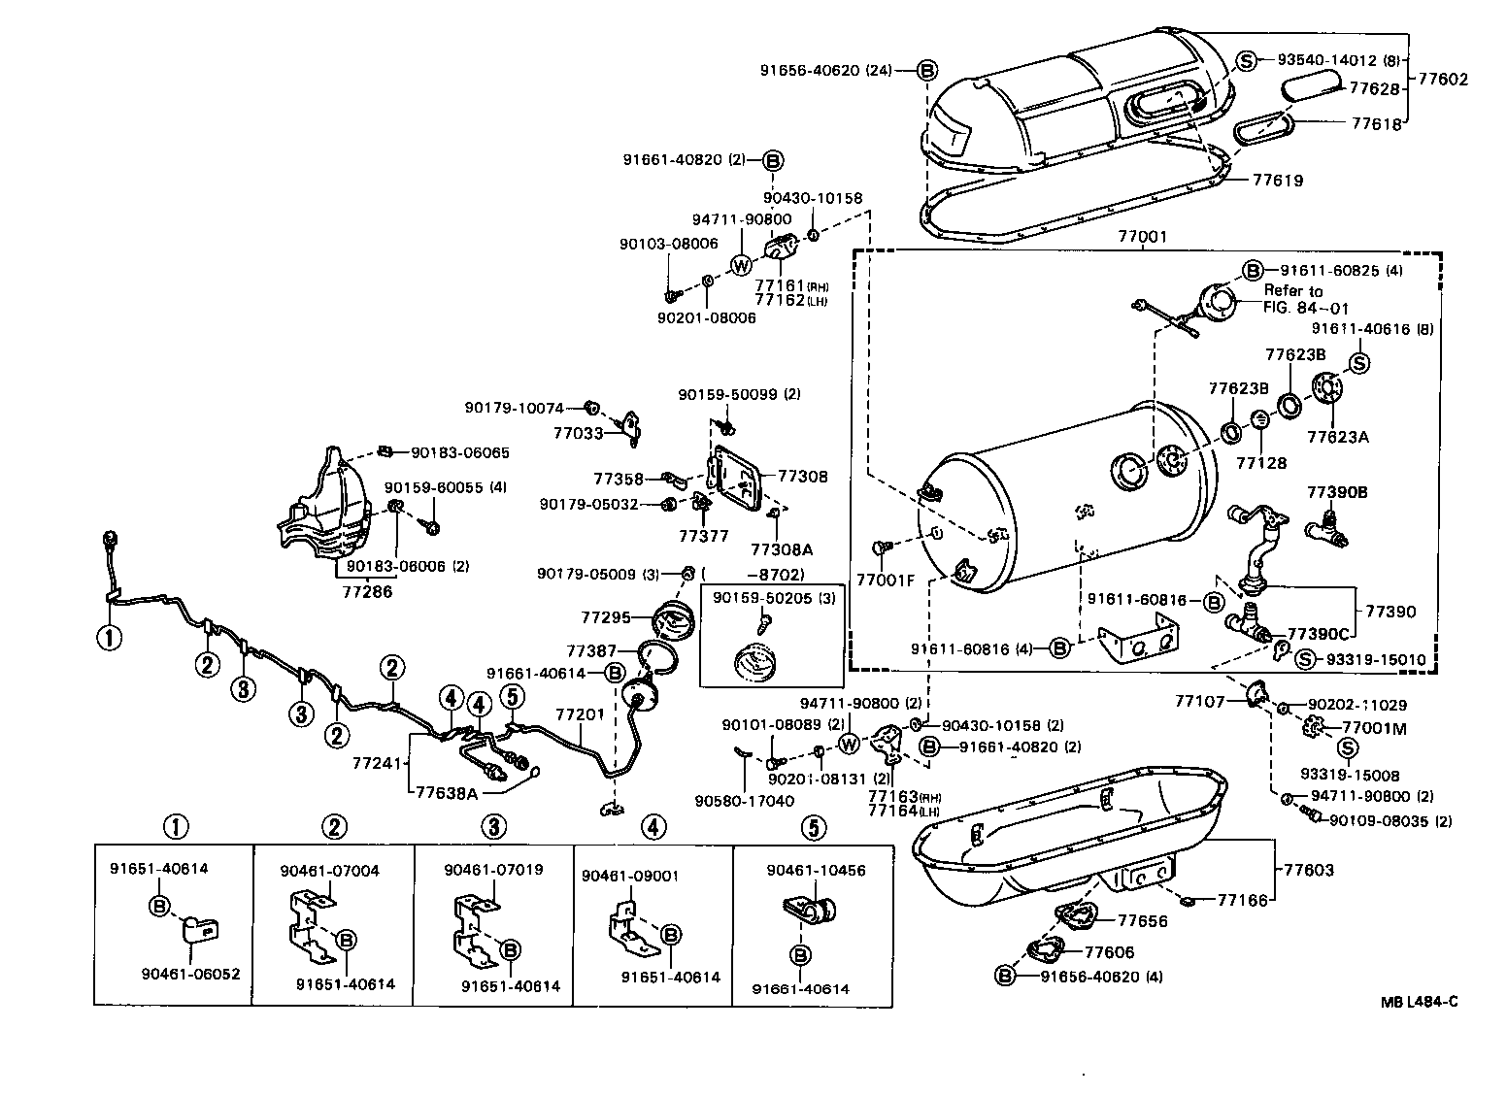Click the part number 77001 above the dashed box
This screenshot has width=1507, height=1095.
tap(1143, 236)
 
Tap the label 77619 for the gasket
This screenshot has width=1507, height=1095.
tap(1277, 180)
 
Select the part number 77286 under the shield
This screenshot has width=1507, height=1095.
tap(367, 590)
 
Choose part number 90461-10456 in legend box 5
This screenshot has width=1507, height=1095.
tap(816, 871)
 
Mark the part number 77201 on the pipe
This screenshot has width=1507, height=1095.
tap(580, 714)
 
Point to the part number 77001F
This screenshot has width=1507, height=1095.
tap(885, 581)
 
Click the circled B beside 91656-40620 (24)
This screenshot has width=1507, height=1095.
tap(927, 70)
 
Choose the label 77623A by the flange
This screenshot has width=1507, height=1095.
tap(1337, 437)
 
